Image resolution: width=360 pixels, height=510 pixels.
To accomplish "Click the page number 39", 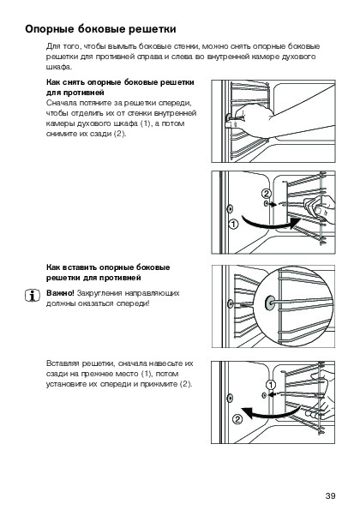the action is click(x=330, y=495).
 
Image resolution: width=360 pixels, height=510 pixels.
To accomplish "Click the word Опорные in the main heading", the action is click(x=50, y=29).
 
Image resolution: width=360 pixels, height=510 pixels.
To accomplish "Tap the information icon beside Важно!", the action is click(x=33, y=296).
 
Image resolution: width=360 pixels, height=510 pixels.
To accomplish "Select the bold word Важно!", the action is click(x=60, y=293).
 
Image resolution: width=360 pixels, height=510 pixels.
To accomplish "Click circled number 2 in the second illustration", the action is click(x=266, y=194).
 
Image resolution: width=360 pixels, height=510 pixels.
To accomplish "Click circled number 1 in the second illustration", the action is click(x=233, y=224).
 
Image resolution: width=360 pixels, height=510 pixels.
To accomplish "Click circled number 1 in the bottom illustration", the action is click(x=271, y=385).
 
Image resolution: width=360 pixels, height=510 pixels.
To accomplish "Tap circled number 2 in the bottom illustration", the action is click(x=237, y=420).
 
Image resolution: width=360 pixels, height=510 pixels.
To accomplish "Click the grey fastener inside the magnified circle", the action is click(x=270, y=303).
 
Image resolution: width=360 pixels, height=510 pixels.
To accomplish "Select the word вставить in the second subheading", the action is click(x=80, y=267).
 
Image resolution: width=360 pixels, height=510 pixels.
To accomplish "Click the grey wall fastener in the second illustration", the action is click(x=230, y=208).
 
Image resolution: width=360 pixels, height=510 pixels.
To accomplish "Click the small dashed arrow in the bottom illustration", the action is click(x=274, y=394).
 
